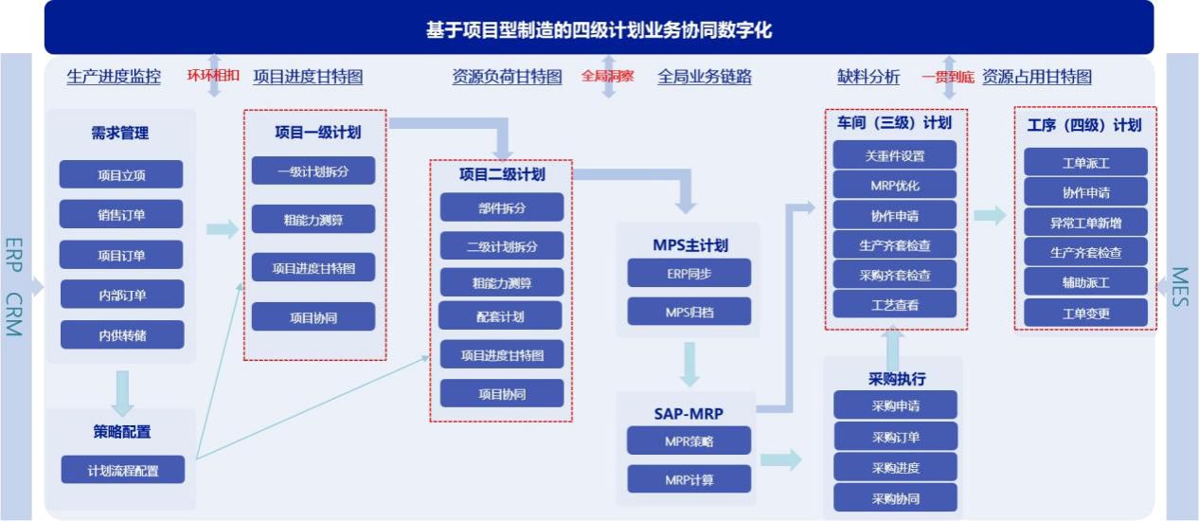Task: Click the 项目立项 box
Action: (x=121, y=175)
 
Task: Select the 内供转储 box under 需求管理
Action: (x=121, y=334)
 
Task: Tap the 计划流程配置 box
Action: (x=123, y=470)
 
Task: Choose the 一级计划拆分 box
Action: (x=313, y=171)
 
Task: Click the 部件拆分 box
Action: (x=502, y=207)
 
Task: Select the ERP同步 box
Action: (x=689, y=273)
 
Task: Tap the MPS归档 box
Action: (x=689, y=311)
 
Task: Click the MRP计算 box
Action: (x=689, y=479)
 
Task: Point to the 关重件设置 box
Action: (x=895, y=155)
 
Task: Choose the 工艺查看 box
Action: (x=895, y=304)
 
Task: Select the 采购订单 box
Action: (x=895, y=437)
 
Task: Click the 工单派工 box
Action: (x=1085, y=163)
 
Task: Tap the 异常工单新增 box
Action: (x=1085, y=223)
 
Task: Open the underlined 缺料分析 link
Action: (x=868, y=78)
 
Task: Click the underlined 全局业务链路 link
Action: (x=705, y=78)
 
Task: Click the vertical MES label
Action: (x=1180, y=287)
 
